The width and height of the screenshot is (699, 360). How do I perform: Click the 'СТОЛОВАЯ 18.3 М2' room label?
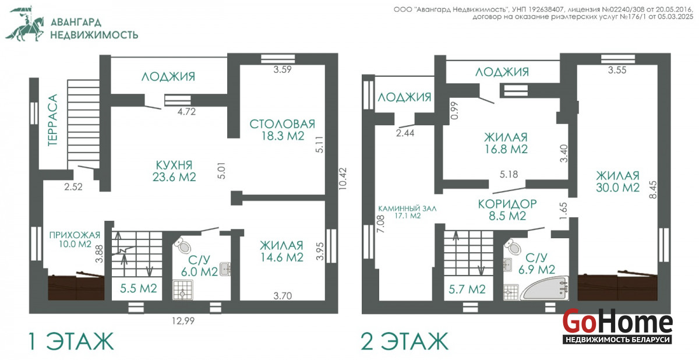point(283,130)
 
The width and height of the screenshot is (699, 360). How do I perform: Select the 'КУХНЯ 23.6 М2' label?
point(174,171)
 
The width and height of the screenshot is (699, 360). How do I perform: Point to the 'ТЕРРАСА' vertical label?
point(53,120)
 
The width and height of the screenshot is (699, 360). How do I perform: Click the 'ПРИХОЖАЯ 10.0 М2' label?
point(75,239)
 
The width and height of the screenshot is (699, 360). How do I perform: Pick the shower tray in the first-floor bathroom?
point(183,290)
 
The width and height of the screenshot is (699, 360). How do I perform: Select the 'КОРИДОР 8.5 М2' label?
point(507,210)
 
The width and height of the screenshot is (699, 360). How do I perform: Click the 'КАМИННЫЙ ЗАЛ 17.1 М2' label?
point(407,212)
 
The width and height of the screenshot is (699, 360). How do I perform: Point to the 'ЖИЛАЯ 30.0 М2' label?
point(618,182)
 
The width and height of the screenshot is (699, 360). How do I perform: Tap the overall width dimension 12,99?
point(183,321)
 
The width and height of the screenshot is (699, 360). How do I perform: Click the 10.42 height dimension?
point(343,179)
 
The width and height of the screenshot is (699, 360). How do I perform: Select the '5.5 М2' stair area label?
point(139,288)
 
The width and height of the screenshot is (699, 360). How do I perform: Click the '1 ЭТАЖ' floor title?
point(71,341)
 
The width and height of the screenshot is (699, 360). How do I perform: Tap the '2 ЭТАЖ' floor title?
point(404,341)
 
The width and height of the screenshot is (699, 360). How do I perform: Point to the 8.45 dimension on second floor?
point(652,190)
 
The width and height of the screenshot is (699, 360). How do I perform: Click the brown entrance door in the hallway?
point(76,287)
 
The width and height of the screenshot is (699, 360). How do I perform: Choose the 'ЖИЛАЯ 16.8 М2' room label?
point(506,143)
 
